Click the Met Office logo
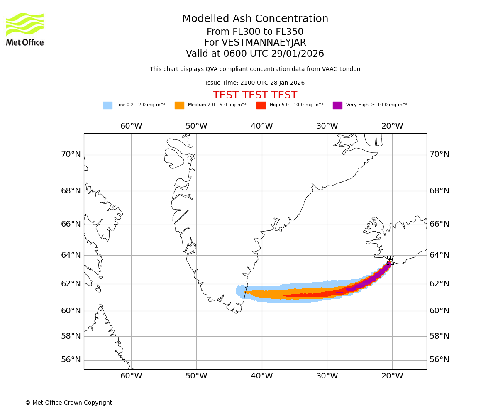point(25,29)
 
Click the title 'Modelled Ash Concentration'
point(255,19)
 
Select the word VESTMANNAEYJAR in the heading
point(264,43)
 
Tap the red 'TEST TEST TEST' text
point(255,95)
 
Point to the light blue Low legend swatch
point(107,105)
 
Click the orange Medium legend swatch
point(179,105)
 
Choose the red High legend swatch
point(261,105)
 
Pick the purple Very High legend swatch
point(337,105)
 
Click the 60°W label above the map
point(131,126)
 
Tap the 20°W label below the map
point(392,376)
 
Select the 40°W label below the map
point(262,376)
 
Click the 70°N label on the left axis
point(71,154)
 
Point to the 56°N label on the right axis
point(439,360)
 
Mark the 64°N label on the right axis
point(439,255)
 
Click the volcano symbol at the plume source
point(390,261)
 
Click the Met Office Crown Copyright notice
point(68,403)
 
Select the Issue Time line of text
point(255,83)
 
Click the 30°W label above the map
point(327,126)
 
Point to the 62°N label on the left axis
point(71,284)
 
